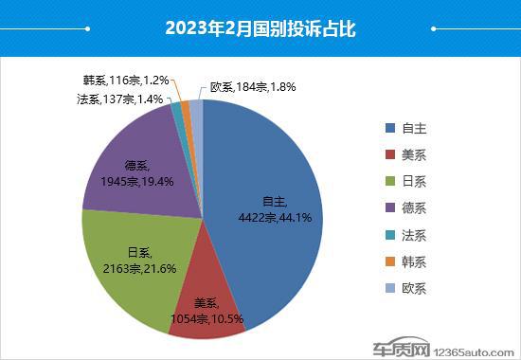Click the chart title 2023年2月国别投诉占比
[x=260, y=28]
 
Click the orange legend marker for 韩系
[x=389, y=261]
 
